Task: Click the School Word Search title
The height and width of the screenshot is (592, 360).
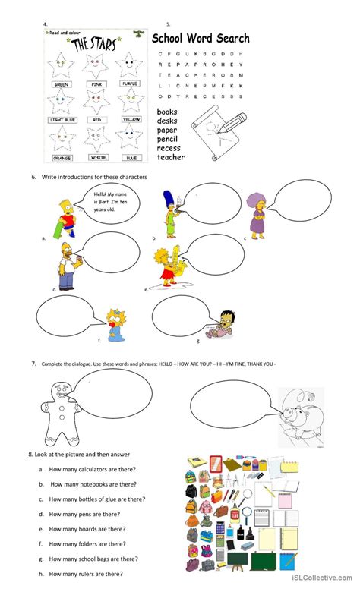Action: (201, 38)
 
